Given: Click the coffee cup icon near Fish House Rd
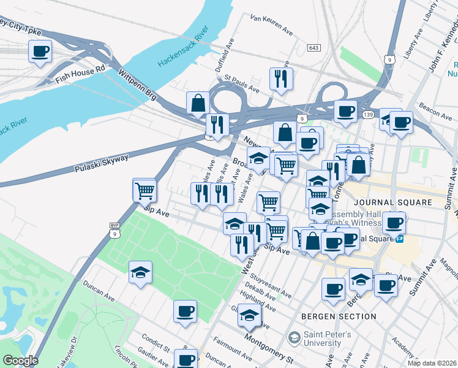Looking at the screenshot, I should click(40, 52).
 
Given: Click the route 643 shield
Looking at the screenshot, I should click(314, 48).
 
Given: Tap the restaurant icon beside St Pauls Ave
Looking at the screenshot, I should click(281, 78).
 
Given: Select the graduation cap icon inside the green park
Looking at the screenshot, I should click(141, 272).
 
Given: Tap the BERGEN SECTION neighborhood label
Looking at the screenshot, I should click(339, 316).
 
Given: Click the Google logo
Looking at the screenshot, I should click(20, 361).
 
